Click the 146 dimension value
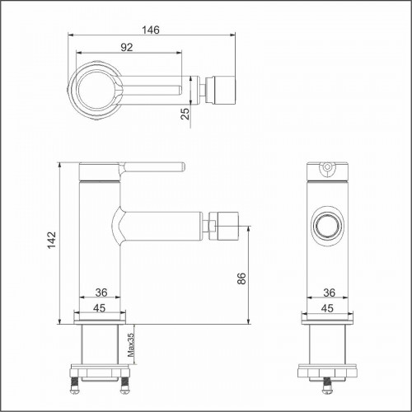tap(148, 30)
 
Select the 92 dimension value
tap(126, 48)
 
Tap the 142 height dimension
tap(52, 241)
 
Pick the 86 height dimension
tap(241, 278)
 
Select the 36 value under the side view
tap(102, 292)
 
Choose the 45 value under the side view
tap(102, 308)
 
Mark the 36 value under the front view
tap(328, 292)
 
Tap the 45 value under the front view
tap(328, 308)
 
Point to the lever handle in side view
tap(148, 167)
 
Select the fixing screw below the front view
tap(328, 382)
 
